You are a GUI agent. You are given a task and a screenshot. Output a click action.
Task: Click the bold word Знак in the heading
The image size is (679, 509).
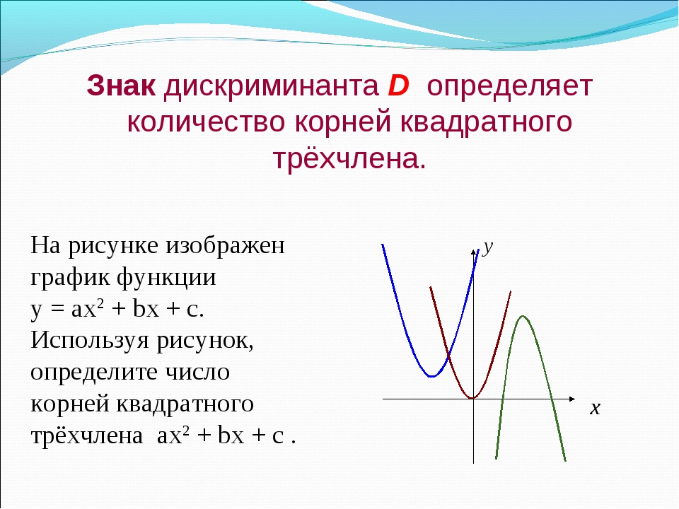point(121,86)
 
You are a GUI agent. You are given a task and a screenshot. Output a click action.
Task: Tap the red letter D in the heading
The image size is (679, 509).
point(398,86)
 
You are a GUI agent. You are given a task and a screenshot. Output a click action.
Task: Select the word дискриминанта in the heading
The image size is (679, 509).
point(272,86)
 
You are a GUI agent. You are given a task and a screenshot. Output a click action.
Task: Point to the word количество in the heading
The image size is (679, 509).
point(206,122)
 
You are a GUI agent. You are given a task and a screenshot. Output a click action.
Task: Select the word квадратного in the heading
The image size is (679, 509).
point(486,123)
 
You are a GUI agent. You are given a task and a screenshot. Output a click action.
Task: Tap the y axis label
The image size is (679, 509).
point(488,247)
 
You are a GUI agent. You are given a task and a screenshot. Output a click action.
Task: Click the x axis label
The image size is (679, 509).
point(595,408)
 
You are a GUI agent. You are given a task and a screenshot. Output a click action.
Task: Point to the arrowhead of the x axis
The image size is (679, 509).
point(572,399)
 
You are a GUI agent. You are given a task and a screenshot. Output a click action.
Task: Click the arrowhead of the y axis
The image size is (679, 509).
point(473,252)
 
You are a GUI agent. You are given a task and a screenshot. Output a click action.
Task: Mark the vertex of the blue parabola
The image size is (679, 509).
point(431,376)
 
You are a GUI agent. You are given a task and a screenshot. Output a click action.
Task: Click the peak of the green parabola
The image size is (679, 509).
point(523,317)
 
